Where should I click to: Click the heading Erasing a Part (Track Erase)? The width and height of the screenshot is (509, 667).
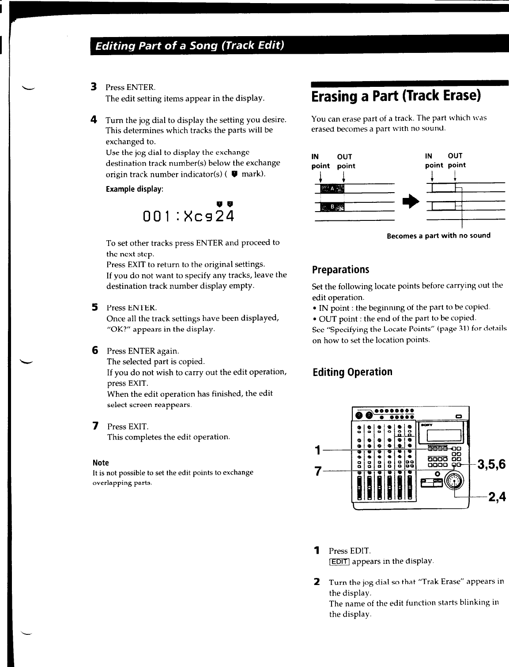pyautogui.click(x=396, y=96)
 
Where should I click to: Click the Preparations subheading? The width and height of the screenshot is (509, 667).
pyautogui.click(x=340, y=269)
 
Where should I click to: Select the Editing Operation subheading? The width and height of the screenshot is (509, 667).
pyautogui.click(x=352, y=372)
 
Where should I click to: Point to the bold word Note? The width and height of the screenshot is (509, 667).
pyautogui.click(x=101, y=462)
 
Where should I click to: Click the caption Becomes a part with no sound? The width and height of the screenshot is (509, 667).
pyautogui.click(x=438, y=235)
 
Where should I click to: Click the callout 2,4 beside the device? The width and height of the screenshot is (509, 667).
pyautogui.click(x=496, y=497)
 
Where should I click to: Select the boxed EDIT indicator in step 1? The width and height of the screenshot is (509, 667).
pyautogui.click(x=339, y=561)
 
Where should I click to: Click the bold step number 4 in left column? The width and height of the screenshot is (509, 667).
pyautogui.click(x=94, y=119)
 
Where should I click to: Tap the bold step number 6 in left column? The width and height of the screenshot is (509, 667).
pyautogui.click(x=94, y=350)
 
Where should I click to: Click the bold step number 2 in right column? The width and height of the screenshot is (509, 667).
pyautogui.click(x=317, y=581)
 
